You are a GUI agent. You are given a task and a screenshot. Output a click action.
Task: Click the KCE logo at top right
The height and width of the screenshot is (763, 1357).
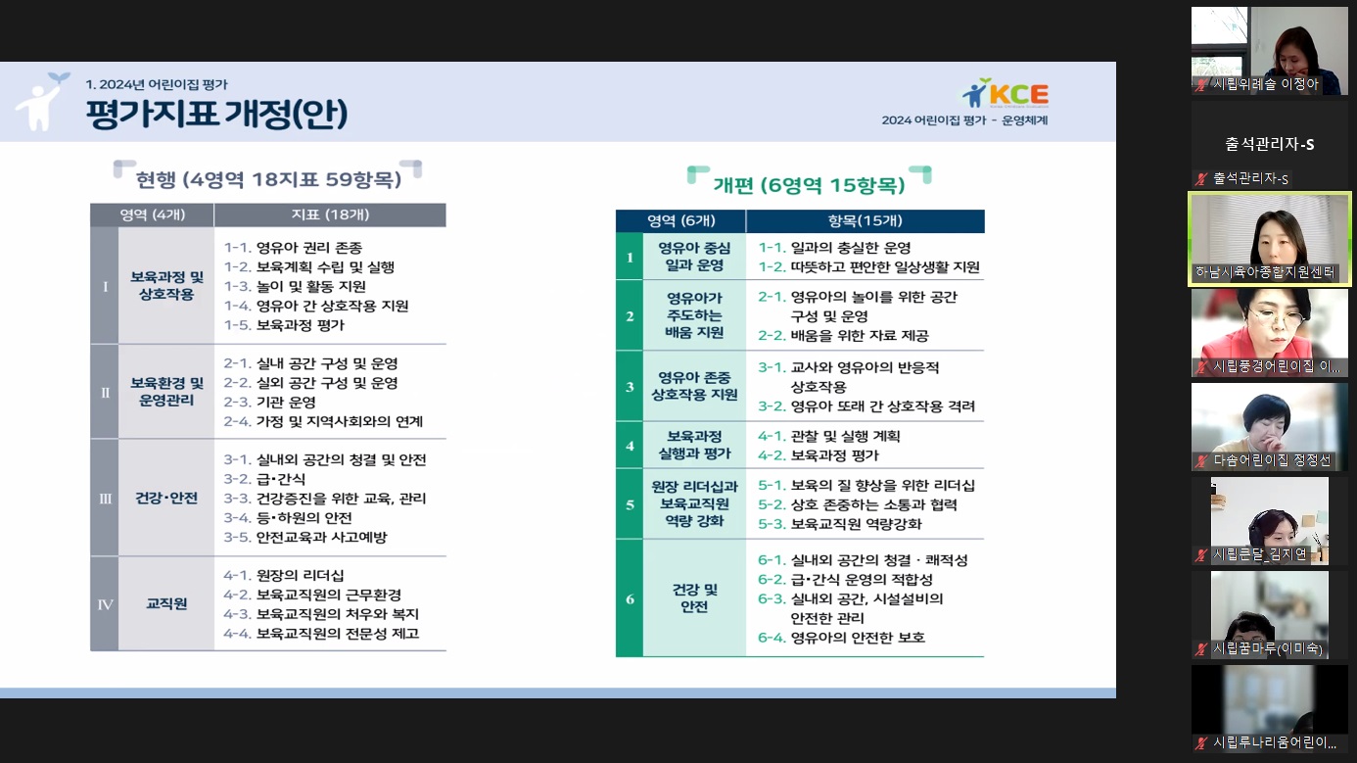click(1006, 93)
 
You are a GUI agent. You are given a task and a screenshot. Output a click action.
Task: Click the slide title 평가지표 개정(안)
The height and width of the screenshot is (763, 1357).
click(217, 114)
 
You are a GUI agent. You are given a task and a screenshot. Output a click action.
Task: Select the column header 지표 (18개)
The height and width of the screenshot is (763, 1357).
click(330, 215)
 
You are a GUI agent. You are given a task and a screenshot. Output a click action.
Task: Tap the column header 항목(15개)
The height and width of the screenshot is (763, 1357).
click(866, 220)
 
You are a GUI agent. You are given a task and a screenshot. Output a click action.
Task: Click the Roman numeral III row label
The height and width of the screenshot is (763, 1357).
click(105, 499)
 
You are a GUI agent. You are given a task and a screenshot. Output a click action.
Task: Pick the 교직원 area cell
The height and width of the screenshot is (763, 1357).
click(166, 603)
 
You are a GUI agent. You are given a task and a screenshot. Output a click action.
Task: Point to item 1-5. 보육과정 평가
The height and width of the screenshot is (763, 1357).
click(284, 325)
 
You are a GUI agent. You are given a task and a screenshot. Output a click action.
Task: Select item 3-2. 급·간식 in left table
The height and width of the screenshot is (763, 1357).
click(264, 479)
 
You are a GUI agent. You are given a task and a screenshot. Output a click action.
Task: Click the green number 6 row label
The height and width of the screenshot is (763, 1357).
click(631, 599)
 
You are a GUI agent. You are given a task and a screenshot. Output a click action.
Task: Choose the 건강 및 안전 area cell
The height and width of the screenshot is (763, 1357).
click(694, 598)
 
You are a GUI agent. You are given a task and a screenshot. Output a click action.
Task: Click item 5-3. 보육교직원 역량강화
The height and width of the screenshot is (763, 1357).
click(840, 524)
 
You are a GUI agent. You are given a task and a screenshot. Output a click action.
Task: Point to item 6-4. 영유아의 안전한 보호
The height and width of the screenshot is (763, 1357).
click(841, 638)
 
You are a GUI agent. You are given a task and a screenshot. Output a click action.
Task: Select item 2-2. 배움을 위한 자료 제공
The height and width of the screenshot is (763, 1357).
click(843, 335)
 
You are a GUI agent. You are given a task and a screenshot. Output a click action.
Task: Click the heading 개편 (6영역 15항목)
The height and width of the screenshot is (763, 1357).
click(809, 185)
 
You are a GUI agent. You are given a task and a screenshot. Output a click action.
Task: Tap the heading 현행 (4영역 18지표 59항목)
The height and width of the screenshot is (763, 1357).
click(268, 179)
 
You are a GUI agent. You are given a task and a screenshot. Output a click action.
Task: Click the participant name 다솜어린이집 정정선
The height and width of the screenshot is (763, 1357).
click(1272, 460)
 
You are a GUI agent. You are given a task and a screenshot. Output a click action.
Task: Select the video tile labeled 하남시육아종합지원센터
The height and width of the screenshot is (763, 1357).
click(1270, 239)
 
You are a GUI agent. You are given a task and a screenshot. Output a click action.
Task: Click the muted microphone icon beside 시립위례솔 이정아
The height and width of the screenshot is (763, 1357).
click(1200, 85)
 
